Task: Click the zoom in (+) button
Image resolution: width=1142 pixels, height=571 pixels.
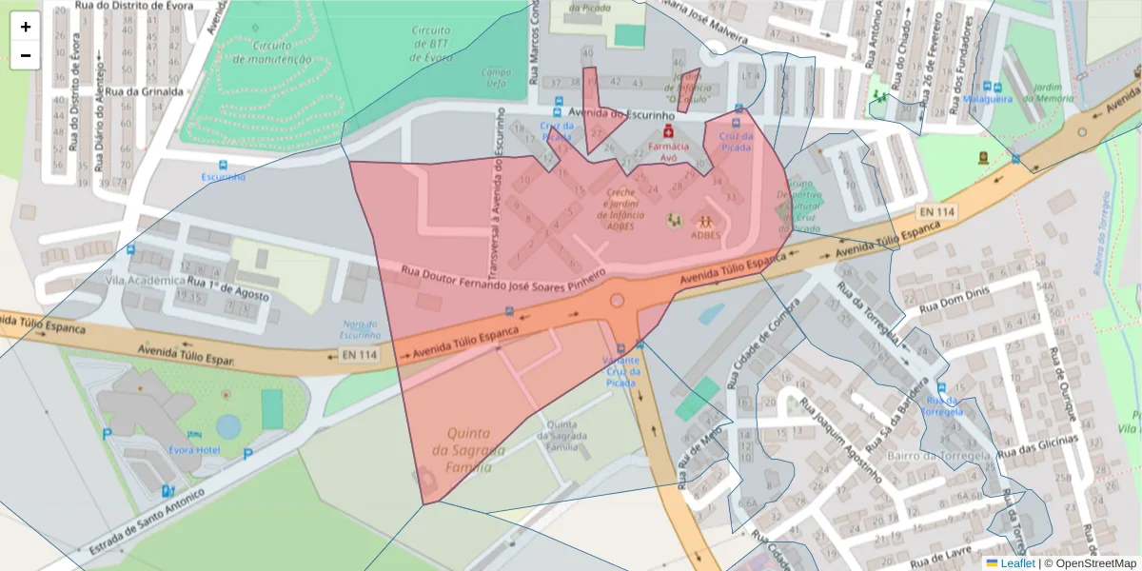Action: coord(26,27)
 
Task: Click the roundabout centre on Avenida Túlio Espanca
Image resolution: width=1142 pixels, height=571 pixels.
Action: coord(617,301)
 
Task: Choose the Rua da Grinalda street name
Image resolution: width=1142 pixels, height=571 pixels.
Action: coord(144,91)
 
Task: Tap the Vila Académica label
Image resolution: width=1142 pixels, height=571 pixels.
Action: coord(146,281)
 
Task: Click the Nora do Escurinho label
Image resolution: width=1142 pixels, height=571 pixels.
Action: coord(361,330)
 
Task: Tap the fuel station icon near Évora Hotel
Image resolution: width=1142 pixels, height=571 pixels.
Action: coord(168,491)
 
